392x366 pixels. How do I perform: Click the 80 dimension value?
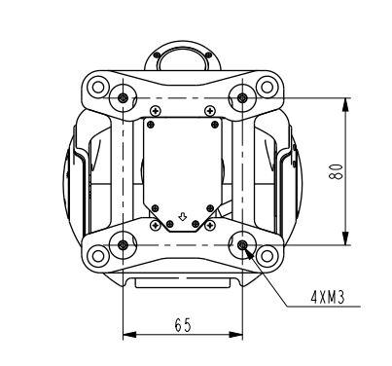click(x=336, y=171)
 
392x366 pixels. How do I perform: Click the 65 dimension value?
click(x=183, y=325)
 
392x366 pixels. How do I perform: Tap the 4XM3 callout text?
click(x=328, y=297)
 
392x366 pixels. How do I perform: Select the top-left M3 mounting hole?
click(x=123, y=97)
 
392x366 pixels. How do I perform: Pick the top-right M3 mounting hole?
click(x=242, y=97)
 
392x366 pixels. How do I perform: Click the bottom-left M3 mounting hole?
click(x=123, y=245)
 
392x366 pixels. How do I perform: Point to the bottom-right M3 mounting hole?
click(x=242, y=245)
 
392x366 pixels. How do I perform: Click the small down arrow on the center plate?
click(x=183, y=217)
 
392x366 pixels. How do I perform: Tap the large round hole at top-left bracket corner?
click(x=97, y=87)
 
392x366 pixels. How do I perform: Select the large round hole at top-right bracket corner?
click(x=267, y=87)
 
